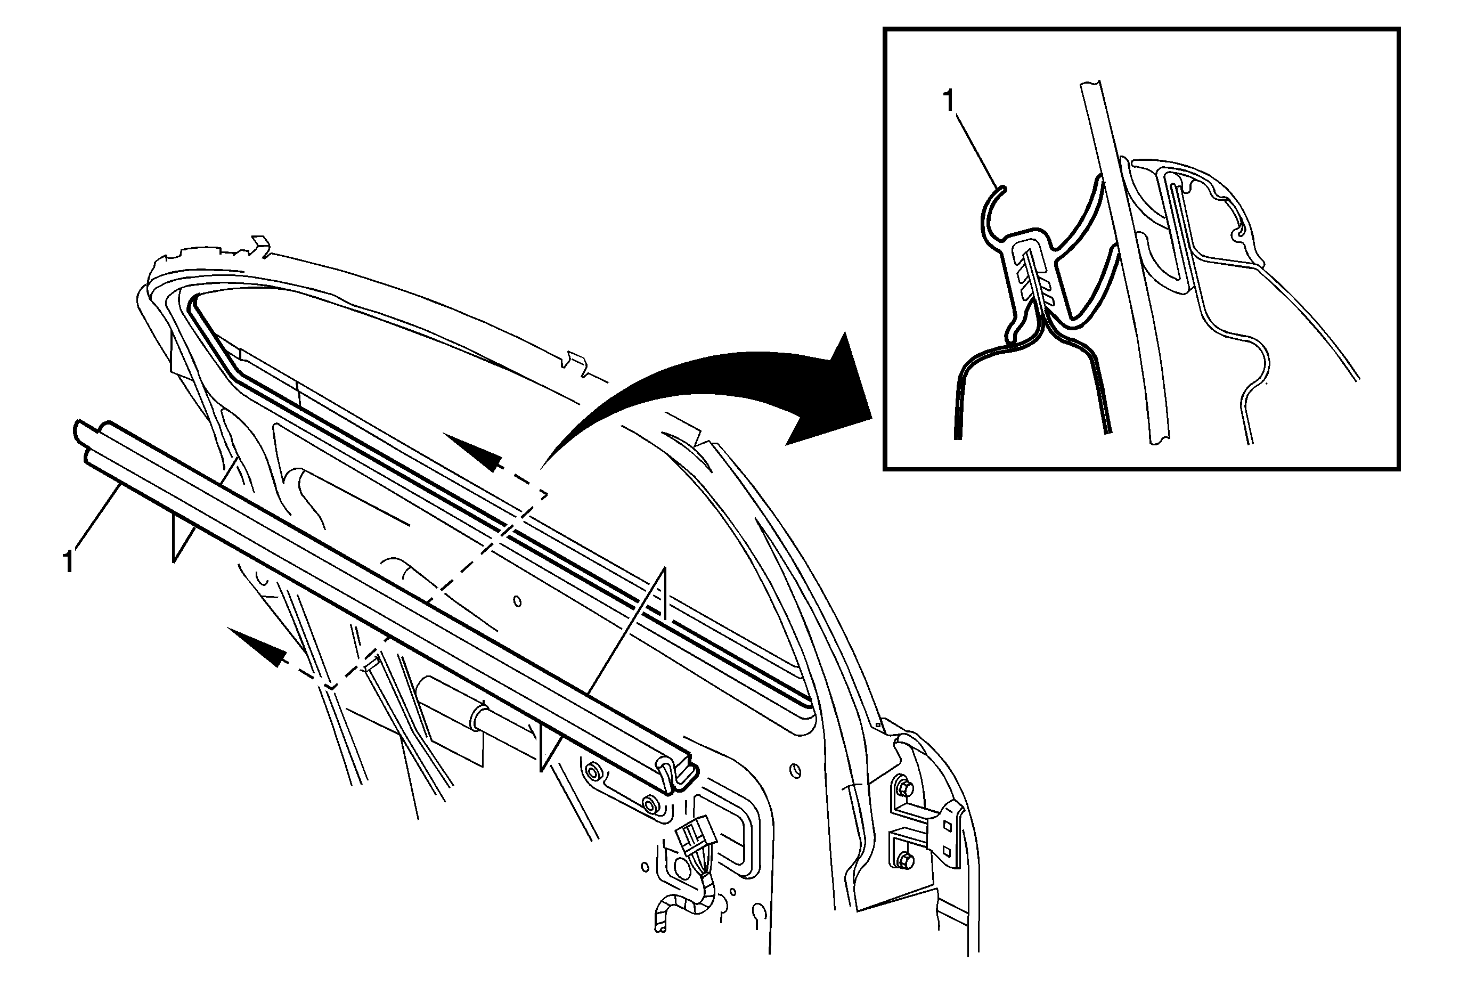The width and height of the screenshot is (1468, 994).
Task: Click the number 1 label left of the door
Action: pyautogui.click(x=68, y=562)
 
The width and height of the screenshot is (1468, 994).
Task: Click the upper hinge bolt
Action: pyautogui.click(x=904, y=788)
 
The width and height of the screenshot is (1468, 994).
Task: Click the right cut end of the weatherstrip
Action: pyautogui.click(x=680, y=773)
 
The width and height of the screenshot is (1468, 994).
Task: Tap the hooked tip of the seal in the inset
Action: pyautogui.click(x=1000, y=188)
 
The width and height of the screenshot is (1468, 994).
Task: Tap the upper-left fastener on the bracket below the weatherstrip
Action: pyautogui.click(x=593, y=771)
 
